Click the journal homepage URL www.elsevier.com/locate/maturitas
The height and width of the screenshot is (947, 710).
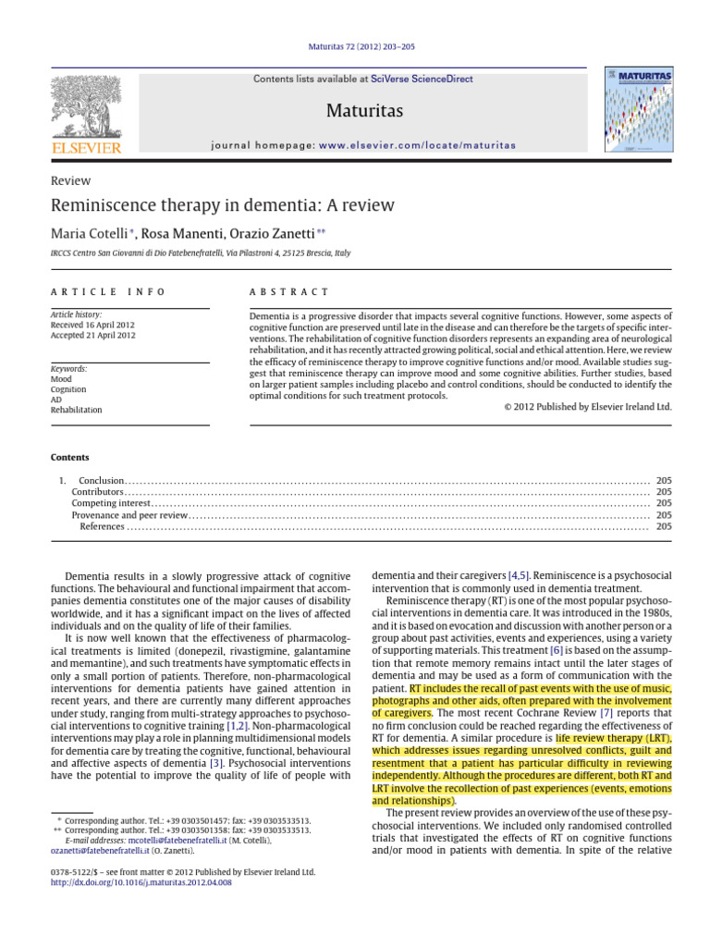(x=417, y=145)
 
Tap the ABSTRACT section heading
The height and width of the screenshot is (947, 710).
(x=288, y=291)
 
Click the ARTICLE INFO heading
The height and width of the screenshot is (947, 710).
(x=107, y=291)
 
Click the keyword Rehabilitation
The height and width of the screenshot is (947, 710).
(x=76, y=410)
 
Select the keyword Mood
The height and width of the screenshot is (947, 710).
(x=61, y=379)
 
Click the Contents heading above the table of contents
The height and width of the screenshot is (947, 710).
(x=70, y=457)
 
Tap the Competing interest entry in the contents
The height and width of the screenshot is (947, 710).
(x=110, y=503)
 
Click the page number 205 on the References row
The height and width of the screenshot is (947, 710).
(x=664, y=526)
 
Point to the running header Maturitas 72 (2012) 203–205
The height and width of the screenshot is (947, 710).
(x=361, y=46)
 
